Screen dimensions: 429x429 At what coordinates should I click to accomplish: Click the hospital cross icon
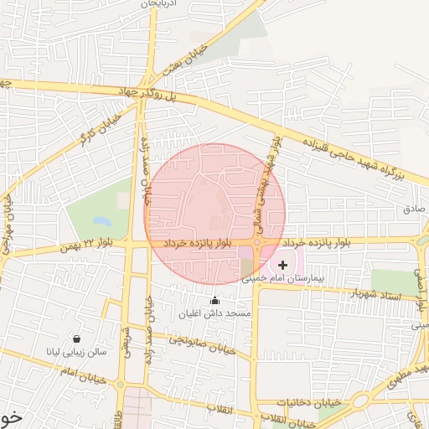[282, 266]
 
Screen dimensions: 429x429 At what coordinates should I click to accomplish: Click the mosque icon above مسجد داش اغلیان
[214, 301]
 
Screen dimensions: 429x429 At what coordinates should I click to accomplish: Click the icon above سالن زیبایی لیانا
[77, 339]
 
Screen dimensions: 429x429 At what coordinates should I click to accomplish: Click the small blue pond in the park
[101, 222]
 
